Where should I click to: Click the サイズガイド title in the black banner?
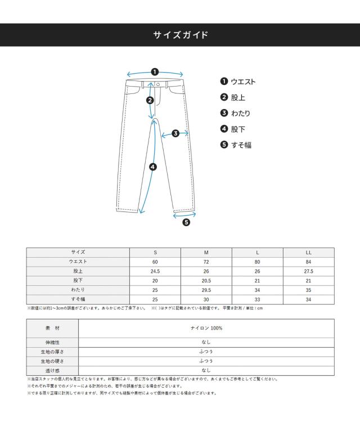pyautogui.click(x=180, y=35)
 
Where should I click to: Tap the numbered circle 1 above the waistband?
pyautogui.click(x=155, y=71)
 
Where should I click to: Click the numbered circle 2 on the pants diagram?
pyautogui.click(x=150, y=101)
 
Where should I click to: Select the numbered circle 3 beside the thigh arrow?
pyautogui.click(x=175, y=133)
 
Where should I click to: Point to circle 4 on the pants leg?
pyautogui.click(x=152, y=166)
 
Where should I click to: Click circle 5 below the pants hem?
pyautogui.click(x=186, y=222)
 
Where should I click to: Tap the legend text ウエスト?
pyautogui.click(x=243, y=82)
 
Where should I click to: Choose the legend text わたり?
pyautogui.click(x=241, y=113)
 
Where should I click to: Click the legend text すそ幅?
pyautogui.click(x=241, y=145)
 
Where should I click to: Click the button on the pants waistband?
pyautogui.click(x=158, y=84)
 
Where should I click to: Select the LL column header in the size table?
pyautogui.click(x=308, y=253)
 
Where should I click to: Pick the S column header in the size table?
pyautogui.click(x=155, y=253)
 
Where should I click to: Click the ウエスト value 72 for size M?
pyautogui.click(x=206, y=262)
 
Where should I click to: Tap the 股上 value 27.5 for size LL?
pyautogui.click(x=308, y=271)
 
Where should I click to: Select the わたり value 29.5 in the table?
pyautogui.click(x=206, y=290)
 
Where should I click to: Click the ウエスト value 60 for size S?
pyautogui.click(x=155, y=262)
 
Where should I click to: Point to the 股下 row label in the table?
pyautogui.click(x=78, y=280)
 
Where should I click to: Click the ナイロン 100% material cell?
pyautogui.click(x=206, y=328)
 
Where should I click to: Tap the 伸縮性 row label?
pyautogui.click(x=52, y=342)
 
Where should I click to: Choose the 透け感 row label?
pyautogui.click(x=52, y=370)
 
